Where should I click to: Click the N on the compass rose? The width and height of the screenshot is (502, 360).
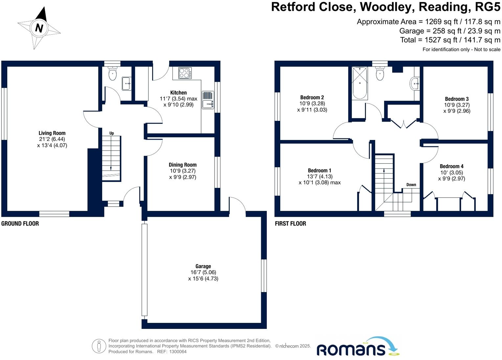pos(39,28)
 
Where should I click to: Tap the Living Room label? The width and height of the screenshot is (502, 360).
pos(52,133)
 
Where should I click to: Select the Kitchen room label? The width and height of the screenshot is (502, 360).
pos(178,93)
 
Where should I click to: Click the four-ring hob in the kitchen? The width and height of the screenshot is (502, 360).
pos(185,73)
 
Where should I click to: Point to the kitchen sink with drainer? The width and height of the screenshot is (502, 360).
pos(208,100)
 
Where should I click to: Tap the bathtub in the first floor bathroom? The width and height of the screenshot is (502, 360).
pos(360,83)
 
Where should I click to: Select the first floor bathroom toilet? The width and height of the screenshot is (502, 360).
pos(380,74)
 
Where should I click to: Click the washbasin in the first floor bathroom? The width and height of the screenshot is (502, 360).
pos(415,83)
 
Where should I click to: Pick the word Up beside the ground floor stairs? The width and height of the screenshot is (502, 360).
pos(112,133)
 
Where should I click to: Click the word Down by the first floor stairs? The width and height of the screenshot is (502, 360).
pos(411,185)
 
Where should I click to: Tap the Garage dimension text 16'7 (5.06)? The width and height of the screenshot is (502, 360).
pos(203,272)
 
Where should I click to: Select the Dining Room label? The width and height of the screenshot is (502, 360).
pos(183,165)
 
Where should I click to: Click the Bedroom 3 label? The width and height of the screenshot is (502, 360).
pos(457,99)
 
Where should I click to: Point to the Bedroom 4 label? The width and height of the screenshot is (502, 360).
pos(451,166)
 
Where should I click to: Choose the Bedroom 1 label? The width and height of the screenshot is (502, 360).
pos(319,170)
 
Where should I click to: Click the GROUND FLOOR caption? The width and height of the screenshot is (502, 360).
pos(20,224)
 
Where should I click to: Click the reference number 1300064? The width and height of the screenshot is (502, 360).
pos(178,351)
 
